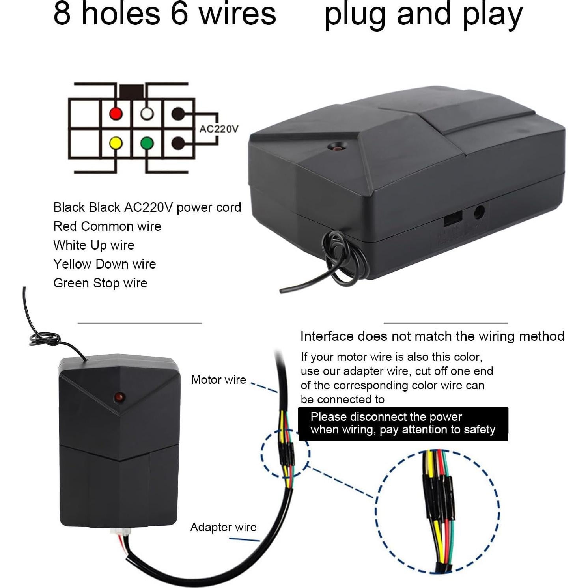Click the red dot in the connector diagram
pyautogui.click(x=116, y=114)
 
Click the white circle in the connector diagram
pyautogui.click(x=147, y=114)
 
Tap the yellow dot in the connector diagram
pyautogui.click(x=116, y=143)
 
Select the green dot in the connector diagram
pyautogui.click(x=147, y=143)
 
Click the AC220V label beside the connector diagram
pyautogui.click(x=218, y=129)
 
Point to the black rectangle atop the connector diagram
pyautogui.click(x=131, y=91)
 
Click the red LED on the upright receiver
pyautogui.click(x=119, y=396)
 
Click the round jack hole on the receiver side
pyautogui.click(x=478, y=213)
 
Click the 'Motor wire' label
pyautogui.click(x=218, y=379)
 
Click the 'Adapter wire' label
pyautogui.click(x=223, y=527)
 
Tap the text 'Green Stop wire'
pyautogui.click(x=100, y=283)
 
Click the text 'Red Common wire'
pyautogui.click(x=107, y=226)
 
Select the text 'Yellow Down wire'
pyautogui.click(x=105, y=264)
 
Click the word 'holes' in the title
pyautogui.click(x=121, y=14)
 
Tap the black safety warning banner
pyautogui.click(x=403, y=424)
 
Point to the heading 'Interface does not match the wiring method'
pyautogui.click(x=432, y=336)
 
